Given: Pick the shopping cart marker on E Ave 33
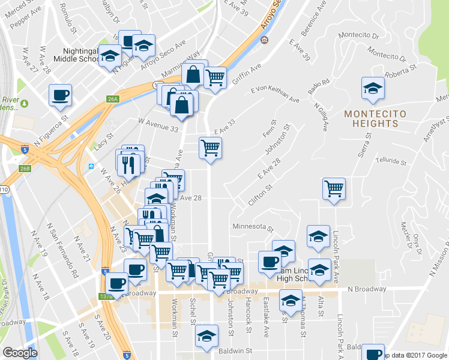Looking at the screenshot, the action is coord(210,148).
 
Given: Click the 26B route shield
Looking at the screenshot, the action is coord(25,169).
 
